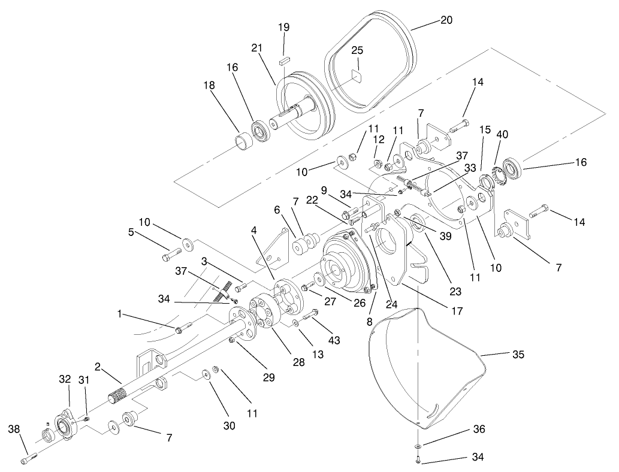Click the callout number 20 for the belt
pyautogui.click(x=445, y=20)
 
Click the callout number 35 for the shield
pyautogui.click(x=518, y=354)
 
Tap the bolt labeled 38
pyautogui.click(x=29, y=459)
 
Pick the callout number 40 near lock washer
pyautogui.click(x=502, y=135)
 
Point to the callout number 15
pyautogui.click(x=485, y=129)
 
